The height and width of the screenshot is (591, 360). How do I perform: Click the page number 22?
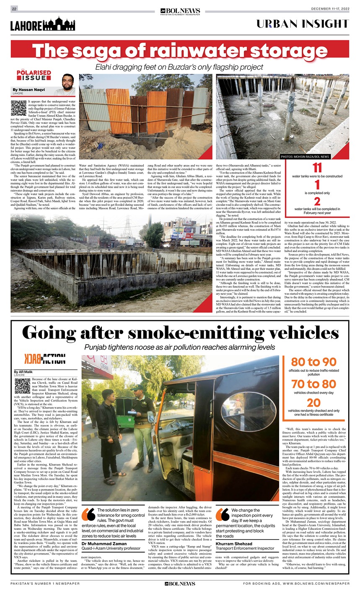(14, 9)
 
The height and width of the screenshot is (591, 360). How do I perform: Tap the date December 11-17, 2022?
(330, 9)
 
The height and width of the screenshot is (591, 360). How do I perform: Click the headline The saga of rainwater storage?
(180, 51)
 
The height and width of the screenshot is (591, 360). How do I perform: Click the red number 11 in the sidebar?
(317, 168)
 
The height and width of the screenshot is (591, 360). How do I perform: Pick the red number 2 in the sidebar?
(317, 201)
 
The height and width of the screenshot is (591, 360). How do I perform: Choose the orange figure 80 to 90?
(314, 362)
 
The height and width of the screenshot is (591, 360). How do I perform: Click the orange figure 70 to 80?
(314, 384)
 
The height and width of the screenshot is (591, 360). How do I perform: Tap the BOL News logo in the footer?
(180, 583)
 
